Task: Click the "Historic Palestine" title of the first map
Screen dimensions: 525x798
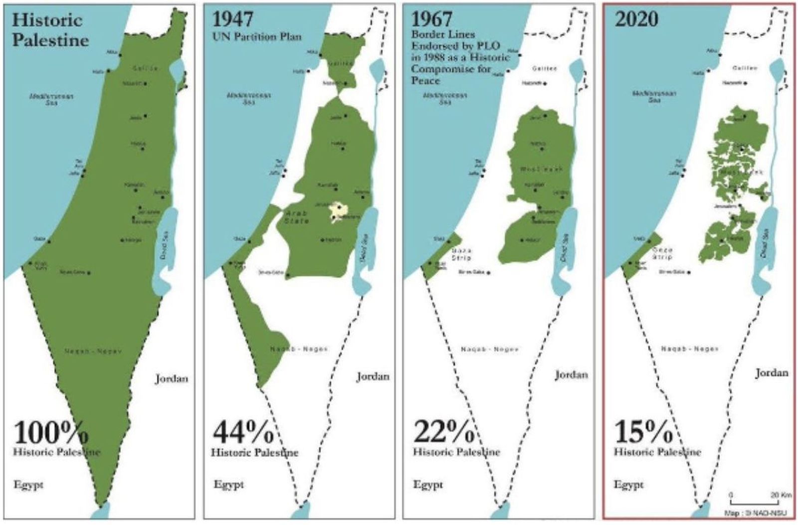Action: click(x=50, y=30)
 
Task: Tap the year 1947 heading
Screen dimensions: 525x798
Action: click(x=233, y=19)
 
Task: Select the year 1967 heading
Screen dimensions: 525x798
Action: click(x=431, y=19)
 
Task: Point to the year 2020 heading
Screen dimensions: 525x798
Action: click(x=636, y=19)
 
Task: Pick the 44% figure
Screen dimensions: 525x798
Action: click(x=243, y=432)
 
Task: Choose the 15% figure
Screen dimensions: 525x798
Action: click(x=643, y=432)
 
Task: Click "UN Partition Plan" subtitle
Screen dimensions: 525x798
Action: click(x=257, y=36)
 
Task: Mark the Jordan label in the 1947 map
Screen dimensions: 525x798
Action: click(x=373, y=376)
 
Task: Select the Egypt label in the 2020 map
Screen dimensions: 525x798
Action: click(x=628, y=485)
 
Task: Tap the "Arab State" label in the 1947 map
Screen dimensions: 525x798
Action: click(x=296, y=216)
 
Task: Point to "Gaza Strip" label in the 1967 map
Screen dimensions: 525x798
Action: click(x=461, y=254)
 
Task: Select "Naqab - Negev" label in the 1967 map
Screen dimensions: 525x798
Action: click(x=489, y=350)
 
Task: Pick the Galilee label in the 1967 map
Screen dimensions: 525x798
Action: click(x=544, y=68)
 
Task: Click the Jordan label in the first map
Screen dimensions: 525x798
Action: click(x=172, y=378)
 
